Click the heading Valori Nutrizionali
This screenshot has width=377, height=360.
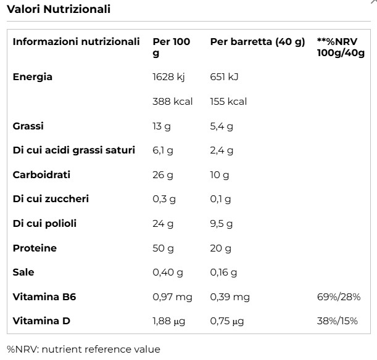[x=59, y=9]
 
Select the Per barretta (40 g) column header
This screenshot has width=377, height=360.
[x=257, y=42]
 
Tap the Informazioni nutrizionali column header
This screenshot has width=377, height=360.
[x=77, y=42]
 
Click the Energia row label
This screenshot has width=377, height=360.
[x=33, y=77]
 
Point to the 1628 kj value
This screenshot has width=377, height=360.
[x=168, y=77]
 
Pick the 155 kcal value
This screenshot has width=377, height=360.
[x=228, y=101]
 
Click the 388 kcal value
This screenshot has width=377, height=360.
[x=172, y=101]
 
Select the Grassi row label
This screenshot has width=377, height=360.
[x=28, y=126]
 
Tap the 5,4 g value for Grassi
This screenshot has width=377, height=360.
[x=222, y=126]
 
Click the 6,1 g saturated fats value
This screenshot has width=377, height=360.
[x=163, y=150]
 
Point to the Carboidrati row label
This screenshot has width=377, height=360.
[x=41, y=174]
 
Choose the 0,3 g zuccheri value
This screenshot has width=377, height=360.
[x=164, y=199]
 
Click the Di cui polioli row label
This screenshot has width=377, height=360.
[x=45, y=223]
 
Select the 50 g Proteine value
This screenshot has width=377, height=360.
[x=163, y=248]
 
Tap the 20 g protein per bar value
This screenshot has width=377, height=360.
[x=221, y=248]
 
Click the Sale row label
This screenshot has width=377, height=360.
[x=23, y=272]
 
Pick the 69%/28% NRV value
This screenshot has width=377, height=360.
[x=338, y=297]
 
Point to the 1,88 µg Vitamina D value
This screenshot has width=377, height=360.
[x=168, y=321]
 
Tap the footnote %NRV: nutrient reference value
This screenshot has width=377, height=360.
[x=83, y=349]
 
